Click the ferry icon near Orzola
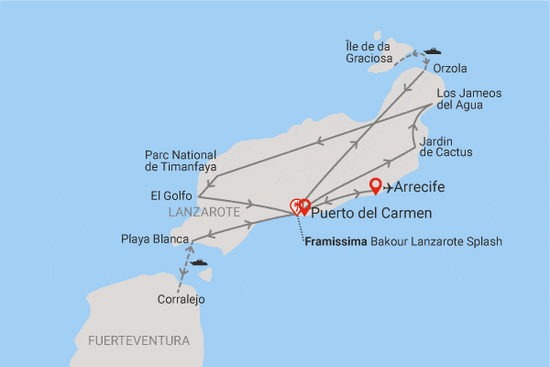tap(431, 51)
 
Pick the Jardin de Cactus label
tap(445, 145)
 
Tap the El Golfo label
tap(171, 195)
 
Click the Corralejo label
tap(180, 299)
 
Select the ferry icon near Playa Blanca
tap(198, 262)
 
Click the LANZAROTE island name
tap(203, 212)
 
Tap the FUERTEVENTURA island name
tap(139, 340)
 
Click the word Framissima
tap(340, 241)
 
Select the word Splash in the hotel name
tap(484, 241)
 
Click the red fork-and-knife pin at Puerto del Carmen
tap(297, 207)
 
